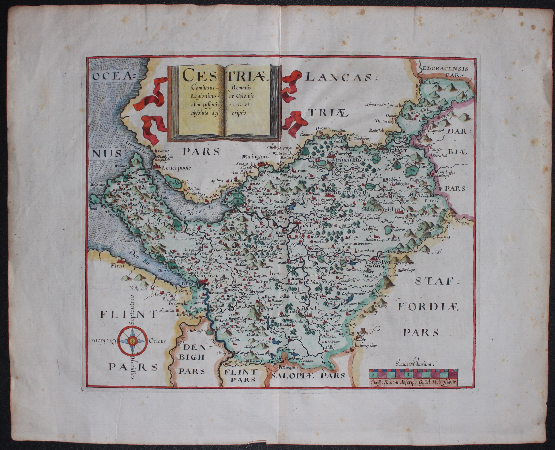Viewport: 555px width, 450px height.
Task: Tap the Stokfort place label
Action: coord(397,150)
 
